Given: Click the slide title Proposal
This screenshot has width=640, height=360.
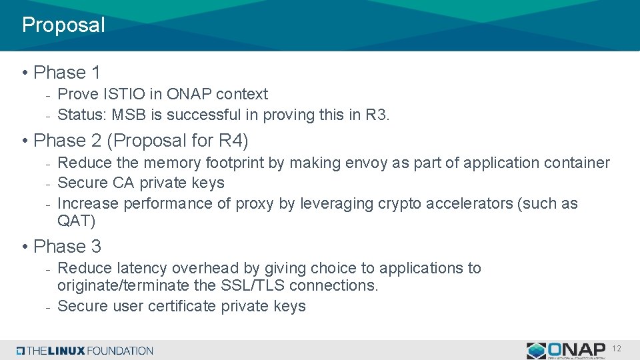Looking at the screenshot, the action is coord(63,25).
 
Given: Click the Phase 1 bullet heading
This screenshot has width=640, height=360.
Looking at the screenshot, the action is coord(67,72).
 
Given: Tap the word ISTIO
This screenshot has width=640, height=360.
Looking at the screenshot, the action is coord(137,94).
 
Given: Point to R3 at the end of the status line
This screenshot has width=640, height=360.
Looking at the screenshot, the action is coord(376,115).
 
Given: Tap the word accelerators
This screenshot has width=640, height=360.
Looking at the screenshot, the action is coord(464,203).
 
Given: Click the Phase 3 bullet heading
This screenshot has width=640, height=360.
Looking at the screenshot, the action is coord(67,246).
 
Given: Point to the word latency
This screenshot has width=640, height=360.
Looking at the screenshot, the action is coord(142,268).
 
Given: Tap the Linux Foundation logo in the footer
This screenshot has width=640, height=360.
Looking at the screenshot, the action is coord(85,351).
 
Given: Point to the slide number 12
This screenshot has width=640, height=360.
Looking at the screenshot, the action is coord(616,349).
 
